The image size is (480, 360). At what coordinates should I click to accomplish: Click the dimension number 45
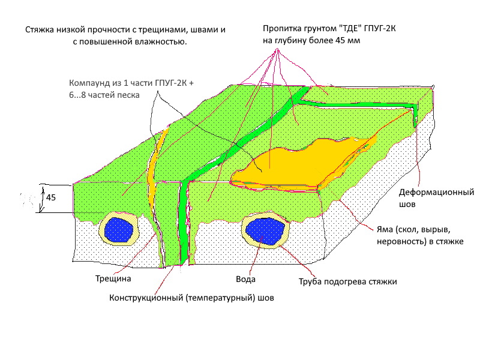[x=51, y=197]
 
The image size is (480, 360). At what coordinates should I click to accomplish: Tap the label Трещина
[x=113, y=278]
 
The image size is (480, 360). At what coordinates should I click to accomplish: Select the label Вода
[x=245, y=279]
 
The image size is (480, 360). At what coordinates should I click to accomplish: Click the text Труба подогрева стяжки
[x=348, y=281]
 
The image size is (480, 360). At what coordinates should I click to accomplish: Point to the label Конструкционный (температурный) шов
[x=191, y=298]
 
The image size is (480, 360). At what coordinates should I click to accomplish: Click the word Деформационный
[x=437, y=193]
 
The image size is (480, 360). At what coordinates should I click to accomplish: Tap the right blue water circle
[x=265, y=230]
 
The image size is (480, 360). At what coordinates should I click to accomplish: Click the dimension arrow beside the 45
[x=42, y=199]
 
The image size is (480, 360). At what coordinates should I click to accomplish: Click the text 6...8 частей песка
[x=104, y=95]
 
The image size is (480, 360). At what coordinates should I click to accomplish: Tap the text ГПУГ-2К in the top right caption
[x=380, y=28]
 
